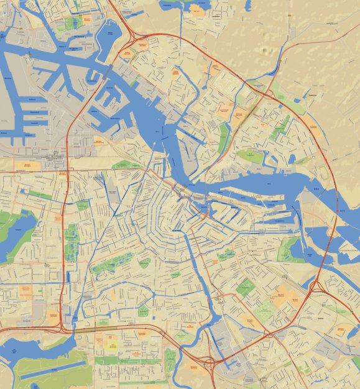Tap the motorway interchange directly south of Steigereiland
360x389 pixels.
click(315, 286)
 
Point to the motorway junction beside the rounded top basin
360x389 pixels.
click(132, 36)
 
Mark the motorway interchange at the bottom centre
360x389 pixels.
click(211, 361)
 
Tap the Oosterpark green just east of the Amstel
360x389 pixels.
click(226, 254)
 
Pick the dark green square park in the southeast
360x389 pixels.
click(246, 286)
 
